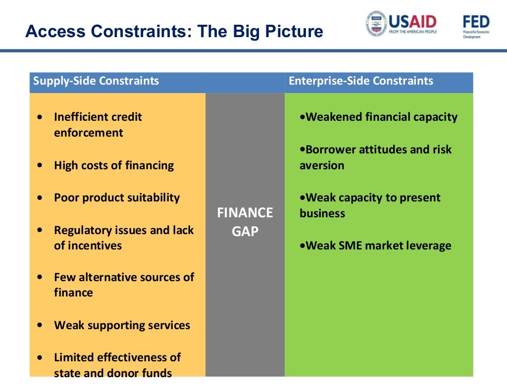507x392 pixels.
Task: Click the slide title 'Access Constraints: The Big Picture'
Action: (x=174, y=32)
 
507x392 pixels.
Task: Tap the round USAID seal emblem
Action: (x=376, y=24)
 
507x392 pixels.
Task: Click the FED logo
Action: (x=476, y=23)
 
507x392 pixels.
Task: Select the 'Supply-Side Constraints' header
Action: (x=96, y=81)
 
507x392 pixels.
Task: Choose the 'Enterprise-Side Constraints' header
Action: (x=360, y=81)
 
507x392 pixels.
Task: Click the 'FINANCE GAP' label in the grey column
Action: (x=245, y=222)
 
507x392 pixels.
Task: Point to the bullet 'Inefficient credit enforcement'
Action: (x=98, y=125)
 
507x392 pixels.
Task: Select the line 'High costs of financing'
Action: (x=114, y=165)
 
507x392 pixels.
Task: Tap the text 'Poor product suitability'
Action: (x=117, y=197)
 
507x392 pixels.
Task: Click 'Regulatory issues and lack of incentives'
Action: (x=123, y=238)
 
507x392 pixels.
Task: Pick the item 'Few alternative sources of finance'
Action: (x=123, y=285)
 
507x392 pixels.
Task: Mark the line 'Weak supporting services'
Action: (x=122, y=325)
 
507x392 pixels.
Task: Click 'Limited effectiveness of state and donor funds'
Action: (x=117, y=365)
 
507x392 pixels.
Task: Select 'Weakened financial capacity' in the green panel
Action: (x=381, y=117)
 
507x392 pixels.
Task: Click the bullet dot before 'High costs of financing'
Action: (x=40, y=166)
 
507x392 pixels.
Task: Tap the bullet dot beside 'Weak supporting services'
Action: (x=40, y=326)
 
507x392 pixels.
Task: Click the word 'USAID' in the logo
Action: (x=412, y=21)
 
